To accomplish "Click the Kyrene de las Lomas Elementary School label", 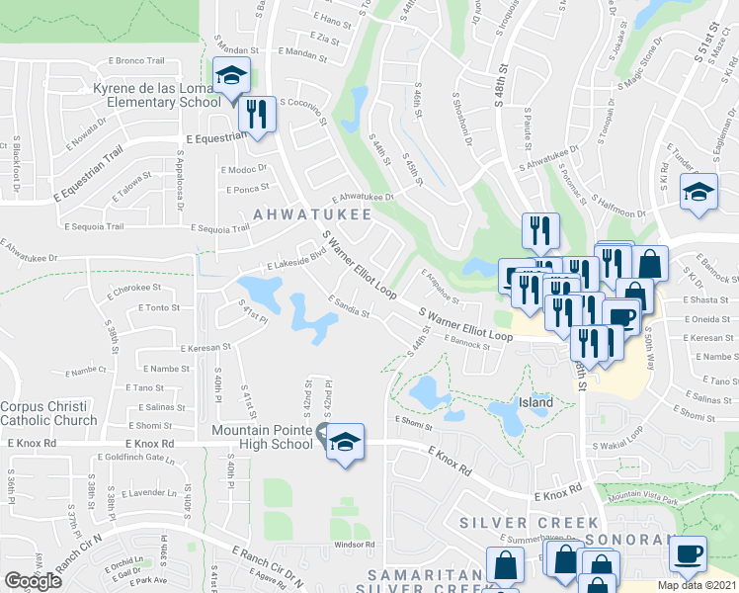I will [157, 96].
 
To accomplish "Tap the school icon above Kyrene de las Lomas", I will [230, 75].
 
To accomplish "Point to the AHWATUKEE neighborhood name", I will [312, 213].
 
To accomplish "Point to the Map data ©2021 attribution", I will [698, 585].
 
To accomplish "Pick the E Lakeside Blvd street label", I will [298, 264].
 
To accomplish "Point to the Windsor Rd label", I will [355, 545].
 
